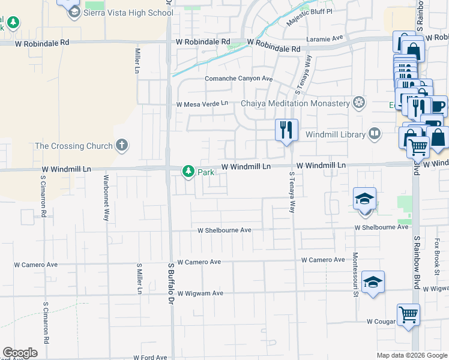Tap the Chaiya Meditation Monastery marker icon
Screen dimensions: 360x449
(359, 103)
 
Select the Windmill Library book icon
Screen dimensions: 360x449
(375, 133)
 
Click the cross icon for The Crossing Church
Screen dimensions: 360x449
(122, 145)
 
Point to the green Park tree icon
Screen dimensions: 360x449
(188, 172)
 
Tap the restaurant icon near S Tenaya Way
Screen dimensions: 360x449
(286, 130)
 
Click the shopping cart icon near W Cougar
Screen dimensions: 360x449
(408, 314)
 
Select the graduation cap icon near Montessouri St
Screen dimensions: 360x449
(373, 282)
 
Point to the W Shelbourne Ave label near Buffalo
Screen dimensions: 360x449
(224, 230)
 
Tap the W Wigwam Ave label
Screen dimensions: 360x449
(200, 293)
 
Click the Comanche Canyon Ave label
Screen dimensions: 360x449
(239, 79)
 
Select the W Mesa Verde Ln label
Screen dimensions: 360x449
(202, 104)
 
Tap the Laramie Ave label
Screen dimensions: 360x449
(324, 39)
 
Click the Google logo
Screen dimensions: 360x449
(20, 353)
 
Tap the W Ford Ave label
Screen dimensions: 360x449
(150, 357)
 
